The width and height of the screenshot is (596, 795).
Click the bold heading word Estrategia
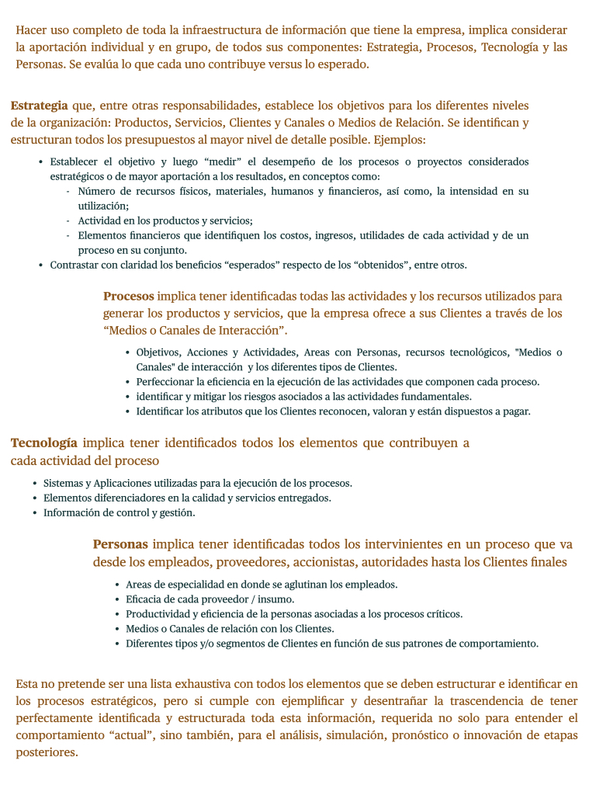[39, 105]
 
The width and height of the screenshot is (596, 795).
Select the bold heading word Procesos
[128, 296]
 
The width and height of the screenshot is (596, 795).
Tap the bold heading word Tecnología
[43, 443]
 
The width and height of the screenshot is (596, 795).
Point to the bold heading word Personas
[120, 544]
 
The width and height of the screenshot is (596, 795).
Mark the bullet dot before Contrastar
[40, 265]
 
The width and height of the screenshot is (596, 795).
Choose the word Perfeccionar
[168, 382]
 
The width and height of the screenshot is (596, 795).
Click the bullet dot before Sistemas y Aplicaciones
[35, 483]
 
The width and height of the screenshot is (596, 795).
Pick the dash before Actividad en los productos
[68, 220]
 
